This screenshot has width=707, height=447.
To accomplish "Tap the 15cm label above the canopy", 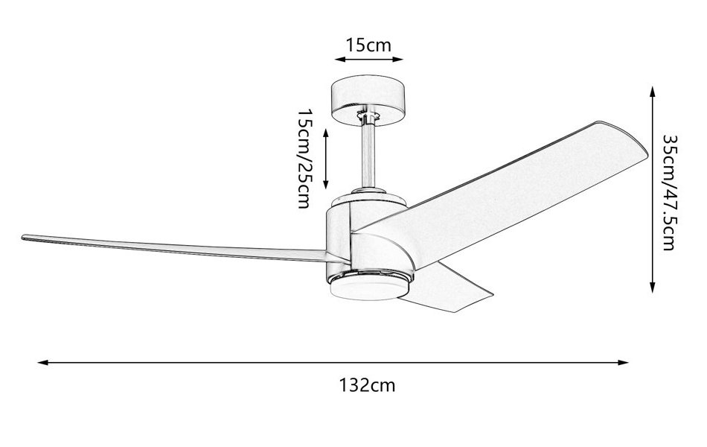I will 368,44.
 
